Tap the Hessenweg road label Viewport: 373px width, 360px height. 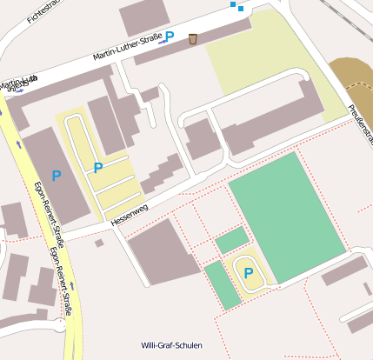(130, 216)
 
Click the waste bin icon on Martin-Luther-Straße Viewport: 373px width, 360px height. (192, 38)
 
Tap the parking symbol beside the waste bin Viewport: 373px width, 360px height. (170, 37)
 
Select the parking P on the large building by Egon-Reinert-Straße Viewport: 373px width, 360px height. (57, 176)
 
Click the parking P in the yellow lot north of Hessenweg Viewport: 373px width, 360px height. (98, 167)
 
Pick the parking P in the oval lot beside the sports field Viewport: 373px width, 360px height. (249, 272)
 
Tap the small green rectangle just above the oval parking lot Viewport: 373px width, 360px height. (231, 240)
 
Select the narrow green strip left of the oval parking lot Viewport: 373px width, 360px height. (223, 284)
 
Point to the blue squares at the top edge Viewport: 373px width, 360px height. (236, 6)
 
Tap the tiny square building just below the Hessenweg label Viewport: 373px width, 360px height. (99, 243)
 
